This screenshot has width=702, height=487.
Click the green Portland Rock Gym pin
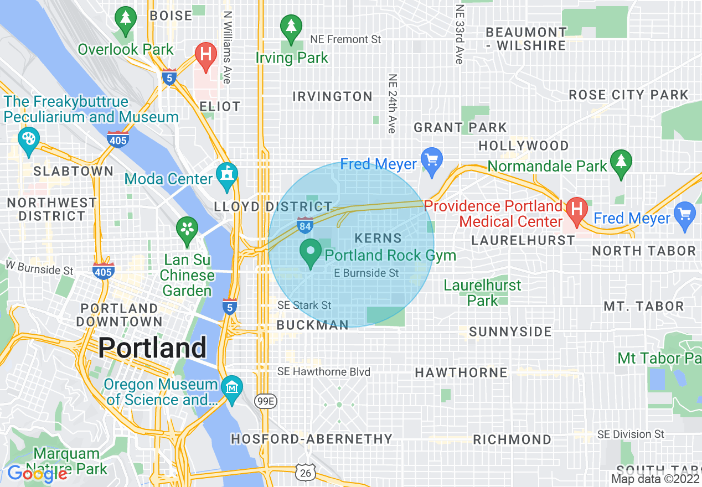(x=311, y=253)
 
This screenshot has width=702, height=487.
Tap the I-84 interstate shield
(x=305, y=224)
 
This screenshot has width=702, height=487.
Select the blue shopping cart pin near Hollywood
(x=431, y=160)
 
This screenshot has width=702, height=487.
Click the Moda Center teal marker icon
(x=227, y=176)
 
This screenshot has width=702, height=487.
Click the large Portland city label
(x=152, y=348)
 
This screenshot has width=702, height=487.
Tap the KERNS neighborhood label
(x=378, y=239)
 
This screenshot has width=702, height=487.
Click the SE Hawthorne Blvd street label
(x=324, y=372)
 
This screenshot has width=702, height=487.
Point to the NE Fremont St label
(x=346, y=39)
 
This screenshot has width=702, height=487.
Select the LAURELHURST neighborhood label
(x=523, y=240)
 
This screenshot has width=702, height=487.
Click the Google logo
(x=37, y=474)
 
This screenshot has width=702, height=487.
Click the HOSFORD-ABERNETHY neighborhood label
(x=312, y=439)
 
